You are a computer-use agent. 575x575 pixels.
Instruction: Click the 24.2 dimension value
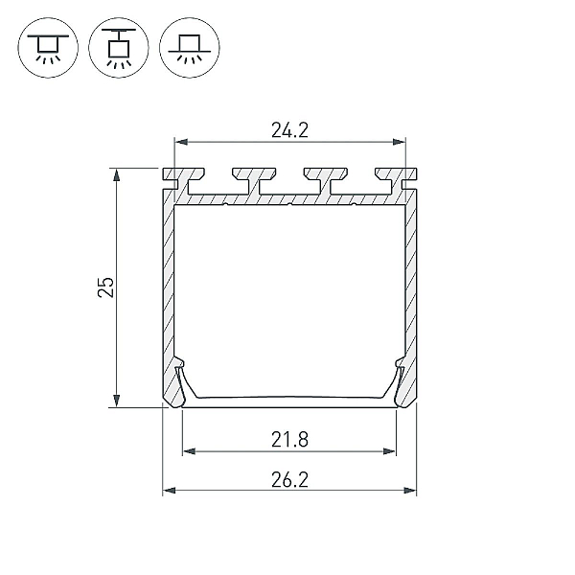tap(289, 130)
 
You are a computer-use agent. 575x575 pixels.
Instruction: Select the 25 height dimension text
tap(106, 287)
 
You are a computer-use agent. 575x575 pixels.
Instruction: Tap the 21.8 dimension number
tap(289, 440)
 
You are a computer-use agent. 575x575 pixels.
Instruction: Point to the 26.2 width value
tap(289, 480)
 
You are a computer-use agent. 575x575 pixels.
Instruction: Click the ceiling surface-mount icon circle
tap(48, 48)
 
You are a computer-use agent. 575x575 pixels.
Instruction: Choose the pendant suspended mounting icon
tap(119, 48)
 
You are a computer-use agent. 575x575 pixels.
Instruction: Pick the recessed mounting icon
tap(190, 48)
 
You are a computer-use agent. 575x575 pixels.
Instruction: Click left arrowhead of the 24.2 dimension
tap(181, 142)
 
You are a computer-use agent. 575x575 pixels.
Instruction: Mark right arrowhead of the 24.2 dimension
tap(399, 142)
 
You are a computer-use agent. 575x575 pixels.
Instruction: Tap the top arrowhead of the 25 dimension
tap(116, 175)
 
